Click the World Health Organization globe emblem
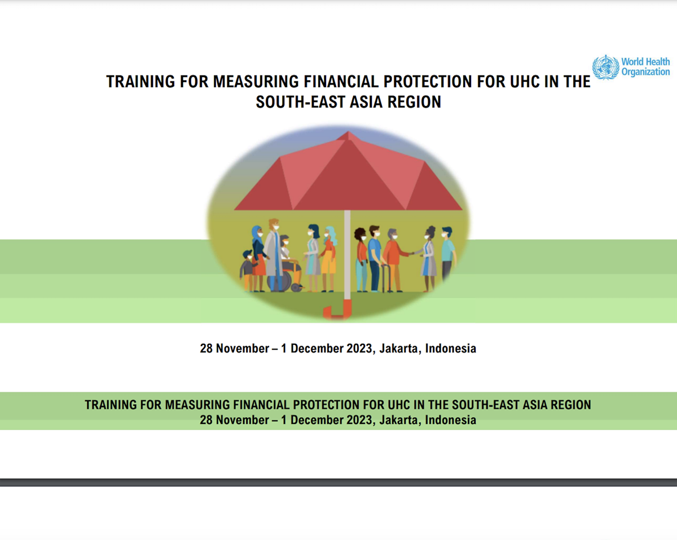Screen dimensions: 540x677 605,67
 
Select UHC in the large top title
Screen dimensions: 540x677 511,82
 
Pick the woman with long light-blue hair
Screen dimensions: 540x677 329,256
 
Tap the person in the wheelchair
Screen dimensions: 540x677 287,259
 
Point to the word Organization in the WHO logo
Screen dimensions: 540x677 645,72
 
